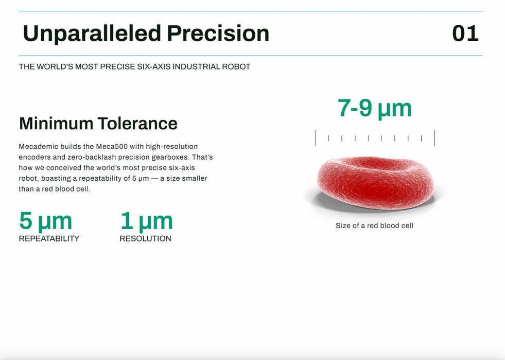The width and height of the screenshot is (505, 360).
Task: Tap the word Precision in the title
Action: (x=218, y=33)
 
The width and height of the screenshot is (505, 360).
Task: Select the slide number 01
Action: (x=465, y=33)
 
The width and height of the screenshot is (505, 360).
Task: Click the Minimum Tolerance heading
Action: (x=98, y=124)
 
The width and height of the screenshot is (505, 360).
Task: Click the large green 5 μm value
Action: (x=45, y=221)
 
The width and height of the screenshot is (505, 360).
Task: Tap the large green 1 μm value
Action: (x=147, y=221)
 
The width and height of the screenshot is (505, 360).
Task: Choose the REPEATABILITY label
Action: (x=49, y=238)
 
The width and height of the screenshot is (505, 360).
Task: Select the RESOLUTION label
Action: (x=145, y=238)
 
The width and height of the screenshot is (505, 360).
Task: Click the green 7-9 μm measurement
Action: (x=375, y=109)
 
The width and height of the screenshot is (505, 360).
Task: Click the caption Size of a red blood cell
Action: (x=374, y=226)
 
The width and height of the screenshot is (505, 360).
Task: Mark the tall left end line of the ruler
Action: (x=315, y=138)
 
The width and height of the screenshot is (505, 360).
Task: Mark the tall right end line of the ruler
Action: (x=434, y=138)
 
